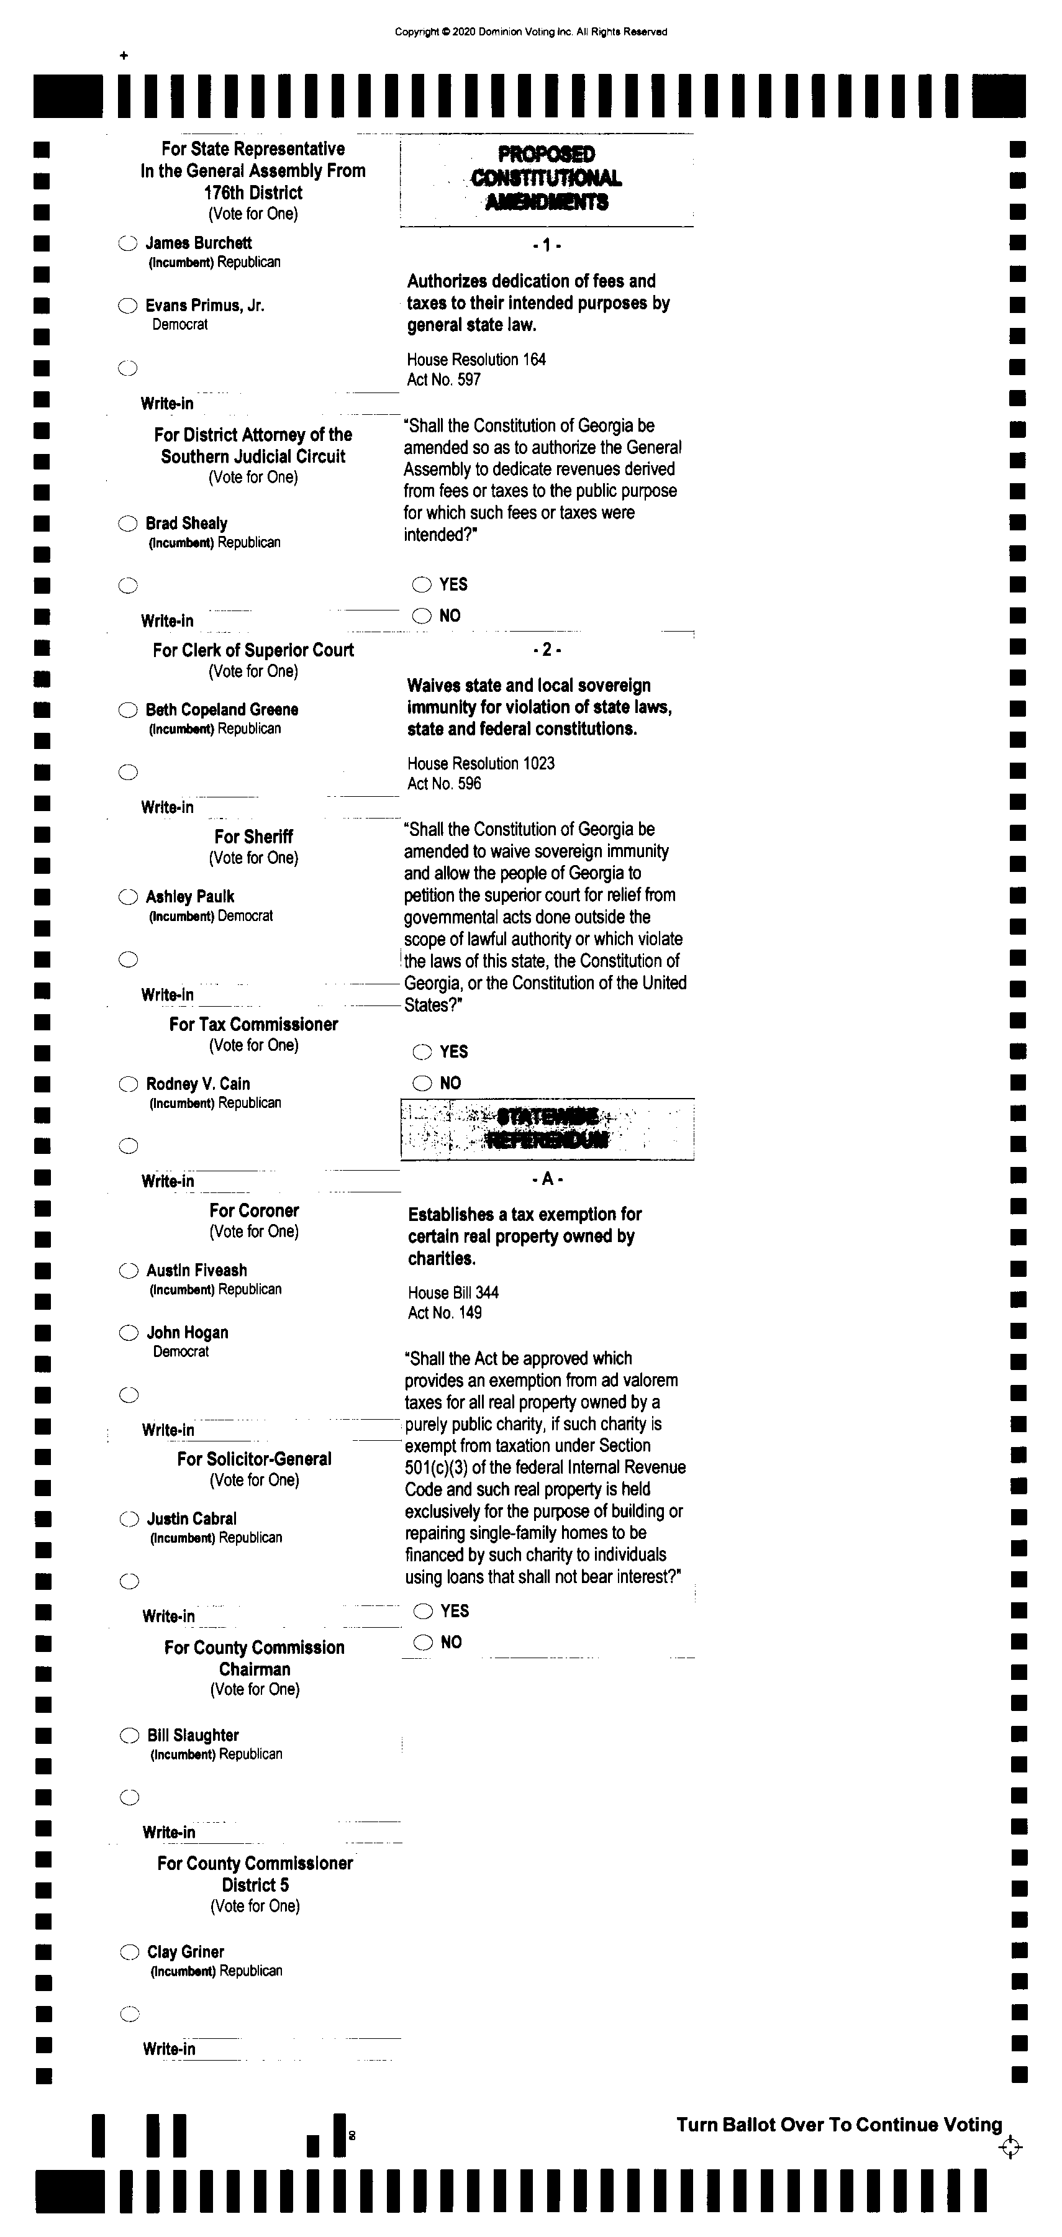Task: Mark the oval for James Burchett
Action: click(128, 244)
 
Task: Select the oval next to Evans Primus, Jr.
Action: click(128, 306)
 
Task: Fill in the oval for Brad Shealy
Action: click(128, 524)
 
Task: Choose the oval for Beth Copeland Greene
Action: click(128, 710)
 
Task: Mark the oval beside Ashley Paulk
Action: click(128, 897)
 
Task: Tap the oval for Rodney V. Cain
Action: click(129, 1084)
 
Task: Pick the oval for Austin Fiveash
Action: click(129, 1271)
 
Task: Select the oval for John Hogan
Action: click(129, 1333)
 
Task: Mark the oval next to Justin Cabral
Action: click(129, 1519)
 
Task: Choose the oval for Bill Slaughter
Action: click(129, 1736)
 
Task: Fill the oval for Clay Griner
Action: click(129, 1952)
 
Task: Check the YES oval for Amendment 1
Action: click(422, 584)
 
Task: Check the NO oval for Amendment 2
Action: click(422, 1083)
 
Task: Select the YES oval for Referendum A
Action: click(423, 1612)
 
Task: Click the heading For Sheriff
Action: click(253, 837)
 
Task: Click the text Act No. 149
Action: click(445, 1312)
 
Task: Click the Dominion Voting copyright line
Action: click(530, 32)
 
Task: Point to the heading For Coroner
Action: click(253, 1210)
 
